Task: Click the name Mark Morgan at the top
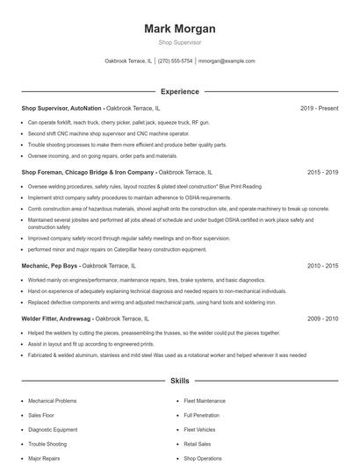(x=179, y=29)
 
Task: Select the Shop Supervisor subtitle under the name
(x=179, y=42)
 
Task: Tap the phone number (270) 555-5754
(x=175, y=61)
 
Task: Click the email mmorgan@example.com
(x=227, y=61)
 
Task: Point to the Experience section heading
(x=179, y=91)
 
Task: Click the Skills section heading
(x=179, y=382)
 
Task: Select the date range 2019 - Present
(x=319, y=108)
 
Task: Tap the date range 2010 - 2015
(x=322, y=265)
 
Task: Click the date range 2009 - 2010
(x=322, y=320)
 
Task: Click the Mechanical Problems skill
(x=51, y=401)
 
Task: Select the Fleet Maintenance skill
(x=205, y=401)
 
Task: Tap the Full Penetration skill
(x=202, y=415)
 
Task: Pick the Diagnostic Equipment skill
(x=52, y=430)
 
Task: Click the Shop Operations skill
(x=203, y=458)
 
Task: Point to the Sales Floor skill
(x=41, y=415)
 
